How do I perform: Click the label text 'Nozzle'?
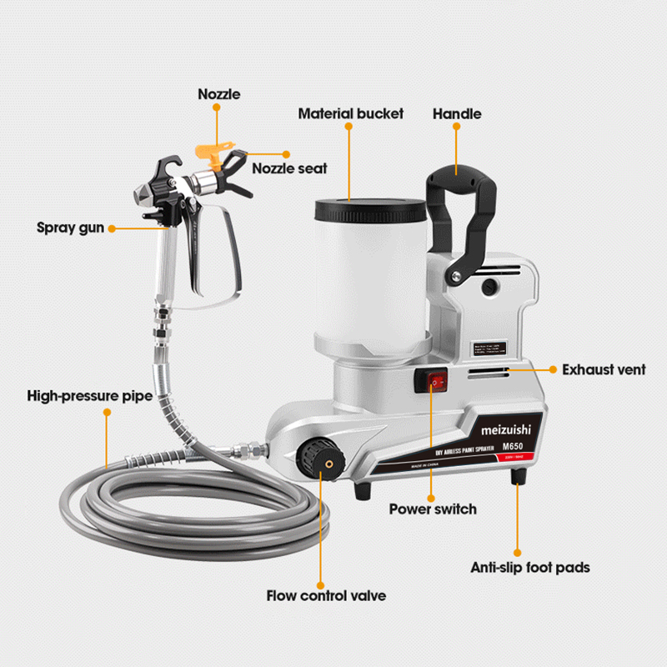coord(219,94)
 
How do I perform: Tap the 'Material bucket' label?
coord(350,113)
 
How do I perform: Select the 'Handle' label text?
coord(456,113)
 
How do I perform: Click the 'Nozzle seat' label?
coord(289,168)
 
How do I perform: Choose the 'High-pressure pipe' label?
coord(89,396)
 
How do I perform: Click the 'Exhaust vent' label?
coord(603,369)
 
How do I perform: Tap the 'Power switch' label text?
coord(433,509)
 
